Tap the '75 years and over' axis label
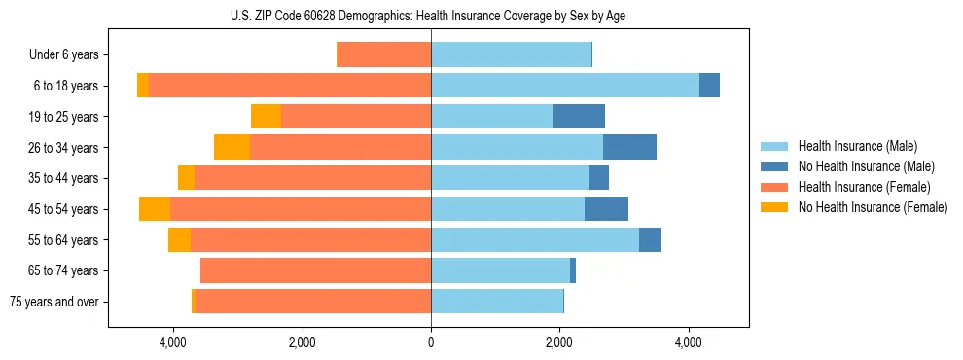[x=54, y=302]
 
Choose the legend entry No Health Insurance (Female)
[x=873, y=207]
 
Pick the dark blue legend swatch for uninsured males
[x=775, y=166]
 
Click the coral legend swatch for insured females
[x=775, y=187]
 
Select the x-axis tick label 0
[x=431, y=342]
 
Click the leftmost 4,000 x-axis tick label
[x=173, y=342]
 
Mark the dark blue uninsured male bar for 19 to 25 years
[x=579, y=117]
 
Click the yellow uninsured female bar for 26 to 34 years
[x=232, y=147]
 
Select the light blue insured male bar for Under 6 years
[x=511, y=55]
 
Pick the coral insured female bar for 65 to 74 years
[x=315, y=270]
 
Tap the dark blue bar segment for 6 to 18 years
[x=709, y=86]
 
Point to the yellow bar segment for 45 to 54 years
[x=155, y=209]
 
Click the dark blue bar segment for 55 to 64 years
[x=650, y=239]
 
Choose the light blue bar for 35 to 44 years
[x=510, y=178]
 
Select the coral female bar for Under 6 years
[x=383, y=55]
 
